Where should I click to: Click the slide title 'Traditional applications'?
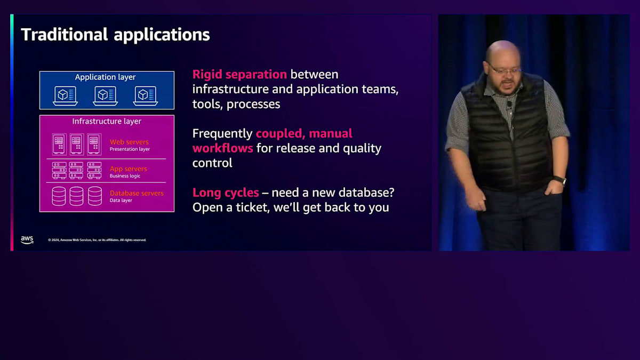point(115,35)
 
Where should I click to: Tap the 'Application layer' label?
point(105,77)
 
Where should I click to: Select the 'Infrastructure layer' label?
point(107,121)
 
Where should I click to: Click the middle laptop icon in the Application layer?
point(105,95)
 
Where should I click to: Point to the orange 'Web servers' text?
point(129,142)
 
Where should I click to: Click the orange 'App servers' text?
point(129,169)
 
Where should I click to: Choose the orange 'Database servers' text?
point(137,193)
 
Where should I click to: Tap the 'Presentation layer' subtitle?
point(130,149)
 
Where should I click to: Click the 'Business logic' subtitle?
point(125,176)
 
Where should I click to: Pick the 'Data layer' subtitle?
point(121,201)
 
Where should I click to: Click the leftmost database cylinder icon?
point(59,196)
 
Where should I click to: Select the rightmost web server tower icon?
point(94,145)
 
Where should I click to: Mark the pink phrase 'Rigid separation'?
point(239,75)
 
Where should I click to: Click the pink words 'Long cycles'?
point(226,193)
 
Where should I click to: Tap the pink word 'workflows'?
point(222,148)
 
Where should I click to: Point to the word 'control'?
point(212,163)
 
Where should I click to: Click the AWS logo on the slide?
point(27,239)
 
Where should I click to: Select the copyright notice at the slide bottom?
point(97,240)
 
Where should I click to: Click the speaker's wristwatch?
point(560,181)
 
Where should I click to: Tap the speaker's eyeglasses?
point(505,70)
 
